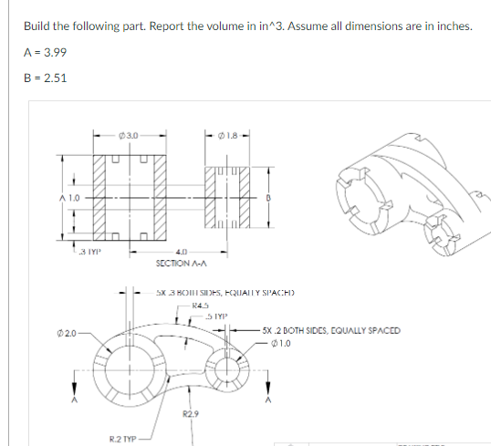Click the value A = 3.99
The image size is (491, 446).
tap(43, 50)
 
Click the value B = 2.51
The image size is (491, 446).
tap(43, 77)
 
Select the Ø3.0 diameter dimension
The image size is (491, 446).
tap(128, 137)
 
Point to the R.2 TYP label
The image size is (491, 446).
tap(123, 439)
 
